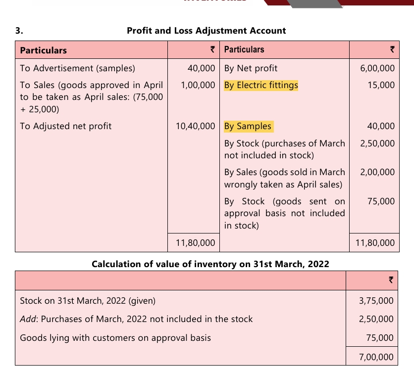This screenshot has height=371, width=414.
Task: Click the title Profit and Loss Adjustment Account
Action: [206, 31]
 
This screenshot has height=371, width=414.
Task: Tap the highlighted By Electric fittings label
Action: [261, 85]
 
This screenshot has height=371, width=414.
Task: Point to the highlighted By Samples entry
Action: [248, 126]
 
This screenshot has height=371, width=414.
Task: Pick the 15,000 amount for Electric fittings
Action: [381, 85]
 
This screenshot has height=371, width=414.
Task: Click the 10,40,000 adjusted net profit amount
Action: [196, 126]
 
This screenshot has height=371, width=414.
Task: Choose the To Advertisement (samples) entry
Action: [77, 68]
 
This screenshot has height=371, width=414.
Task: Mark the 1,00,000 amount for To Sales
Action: [198, 85]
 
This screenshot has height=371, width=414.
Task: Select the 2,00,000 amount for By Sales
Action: [377, 172]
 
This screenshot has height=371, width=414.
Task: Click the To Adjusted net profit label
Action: [66, 126]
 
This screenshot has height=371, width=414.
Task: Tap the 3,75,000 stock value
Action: [376, 301]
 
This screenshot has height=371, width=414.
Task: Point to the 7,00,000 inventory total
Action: [376, 357]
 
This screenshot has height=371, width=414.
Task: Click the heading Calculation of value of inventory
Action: [210, 264]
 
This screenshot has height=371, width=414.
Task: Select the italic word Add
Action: [28, 320]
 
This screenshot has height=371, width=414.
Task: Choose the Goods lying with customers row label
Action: [115, 338]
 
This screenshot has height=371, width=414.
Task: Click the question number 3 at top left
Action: [18, 31]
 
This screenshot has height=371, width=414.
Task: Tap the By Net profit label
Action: [251, 68]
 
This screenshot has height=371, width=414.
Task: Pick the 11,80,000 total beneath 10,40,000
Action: [196, 242]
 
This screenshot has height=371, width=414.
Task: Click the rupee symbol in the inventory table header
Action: [391, 280]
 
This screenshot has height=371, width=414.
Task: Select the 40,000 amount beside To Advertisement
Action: [202, 68]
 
